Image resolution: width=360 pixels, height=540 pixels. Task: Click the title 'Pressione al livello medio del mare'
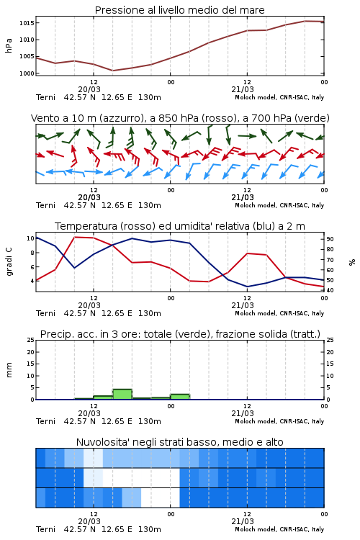pyautogui.click(x=179, y=10)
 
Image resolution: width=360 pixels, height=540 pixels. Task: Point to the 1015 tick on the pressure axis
pyautogui.click(x=27, y=23)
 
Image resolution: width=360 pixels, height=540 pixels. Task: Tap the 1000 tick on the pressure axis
pyautogui.click(x=27, y=73)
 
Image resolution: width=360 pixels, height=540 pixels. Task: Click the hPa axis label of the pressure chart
pyautogui.click(x=9, y=45)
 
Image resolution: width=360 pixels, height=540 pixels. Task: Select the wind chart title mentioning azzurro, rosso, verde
pyautogui.click(x=180, y=118)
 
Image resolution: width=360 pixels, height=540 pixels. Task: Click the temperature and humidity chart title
pyautogui.click(x=180, y=226)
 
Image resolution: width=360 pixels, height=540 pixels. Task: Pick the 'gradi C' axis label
pyautogui.click(x=9, y=262)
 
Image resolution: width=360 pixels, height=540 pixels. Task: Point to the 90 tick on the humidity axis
pyautogui.click(x=330, y=239)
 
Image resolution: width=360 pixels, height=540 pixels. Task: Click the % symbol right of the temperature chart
pyautogui.click(x=352, y=262)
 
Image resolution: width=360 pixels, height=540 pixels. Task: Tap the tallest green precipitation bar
pyautogui.click(x=122, y=395)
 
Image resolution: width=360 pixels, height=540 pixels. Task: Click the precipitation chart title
pyautogui.click(x=180, y=334)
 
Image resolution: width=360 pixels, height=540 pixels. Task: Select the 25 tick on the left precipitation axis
pyautogui.click(x=31, y=340)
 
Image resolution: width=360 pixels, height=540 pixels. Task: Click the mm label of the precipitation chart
pyautogui.click(x=9, y=370)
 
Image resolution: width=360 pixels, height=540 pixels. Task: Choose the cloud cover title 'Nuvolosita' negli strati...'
pyautogui.click(x=179, y=442)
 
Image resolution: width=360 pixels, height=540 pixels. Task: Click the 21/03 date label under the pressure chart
pyautogui.click(x=243, y=89)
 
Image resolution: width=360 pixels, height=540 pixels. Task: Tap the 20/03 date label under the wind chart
pyautogui.click(x=89, y=197)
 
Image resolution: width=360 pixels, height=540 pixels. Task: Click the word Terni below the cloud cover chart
pyautogui.click(x=45, y=529)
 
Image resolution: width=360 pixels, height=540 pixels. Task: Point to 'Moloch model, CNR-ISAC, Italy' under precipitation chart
pyautogui.click(x=279, y=421)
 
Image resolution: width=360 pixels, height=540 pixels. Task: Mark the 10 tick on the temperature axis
pyautogui.click(x=30, y=238)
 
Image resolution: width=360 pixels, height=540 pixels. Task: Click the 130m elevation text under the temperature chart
pyautogui.click(x=150, y=313)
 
